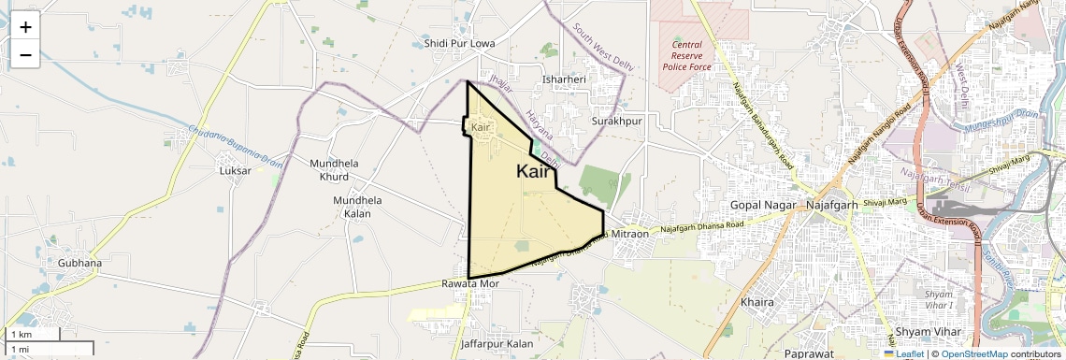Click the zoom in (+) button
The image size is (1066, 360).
click(x=25, y=27)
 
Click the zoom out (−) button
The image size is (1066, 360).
click(x=25, y=55)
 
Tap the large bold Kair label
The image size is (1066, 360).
click(x=533, y=171)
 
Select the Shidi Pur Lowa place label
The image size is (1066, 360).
click(x=459, y=43)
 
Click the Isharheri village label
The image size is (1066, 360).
click(x=564, y=79)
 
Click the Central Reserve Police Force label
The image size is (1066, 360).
click(x=687, y=55)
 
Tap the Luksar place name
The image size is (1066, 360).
click(x=235, y=171)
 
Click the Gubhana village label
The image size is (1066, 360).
click(x=79, y=263)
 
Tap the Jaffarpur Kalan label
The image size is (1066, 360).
click(x=497, y=344)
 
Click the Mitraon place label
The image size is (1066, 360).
click(x=630, y=233)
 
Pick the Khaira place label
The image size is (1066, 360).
click(x=758, y=303)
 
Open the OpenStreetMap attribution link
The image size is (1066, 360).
click(x=974, y=353)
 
